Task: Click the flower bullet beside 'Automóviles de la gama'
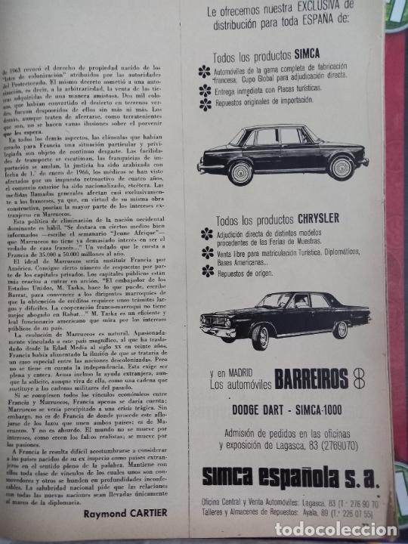click(x=205, y=72)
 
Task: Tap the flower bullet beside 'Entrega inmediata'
click(x=205, y=91)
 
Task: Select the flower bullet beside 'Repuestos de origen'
click(x=207, y=270)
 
